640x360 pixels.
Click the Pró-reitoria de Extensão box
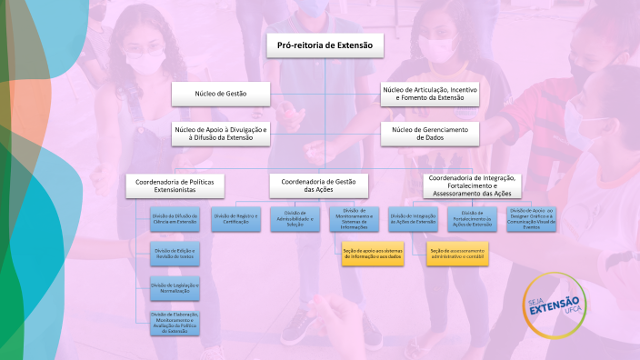325,46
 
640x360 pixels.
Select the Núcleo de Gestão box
221,94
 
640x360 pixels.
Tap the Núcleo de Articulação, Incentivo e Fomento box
430,94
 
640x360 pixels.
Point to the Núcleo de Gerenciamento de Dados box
430,134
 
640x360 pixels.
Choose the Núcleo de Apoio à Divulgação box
221,134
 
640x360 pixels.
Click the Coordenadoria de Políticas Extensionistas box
175,185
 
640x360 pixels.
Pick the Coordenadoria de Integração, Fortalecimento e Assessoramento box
473,185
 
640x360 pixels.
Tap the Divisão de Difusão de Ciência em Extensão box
175,218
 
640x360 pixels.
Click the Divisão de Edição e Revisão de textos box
175,252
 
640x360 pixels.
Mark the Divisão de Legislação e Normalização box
175,286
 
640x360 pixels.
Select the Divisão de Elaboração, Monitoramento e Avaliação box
175,322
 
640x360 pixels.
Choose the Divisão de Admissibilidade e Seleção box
295,218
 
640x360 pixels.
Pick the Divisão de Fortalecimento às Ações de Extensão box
473,218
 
